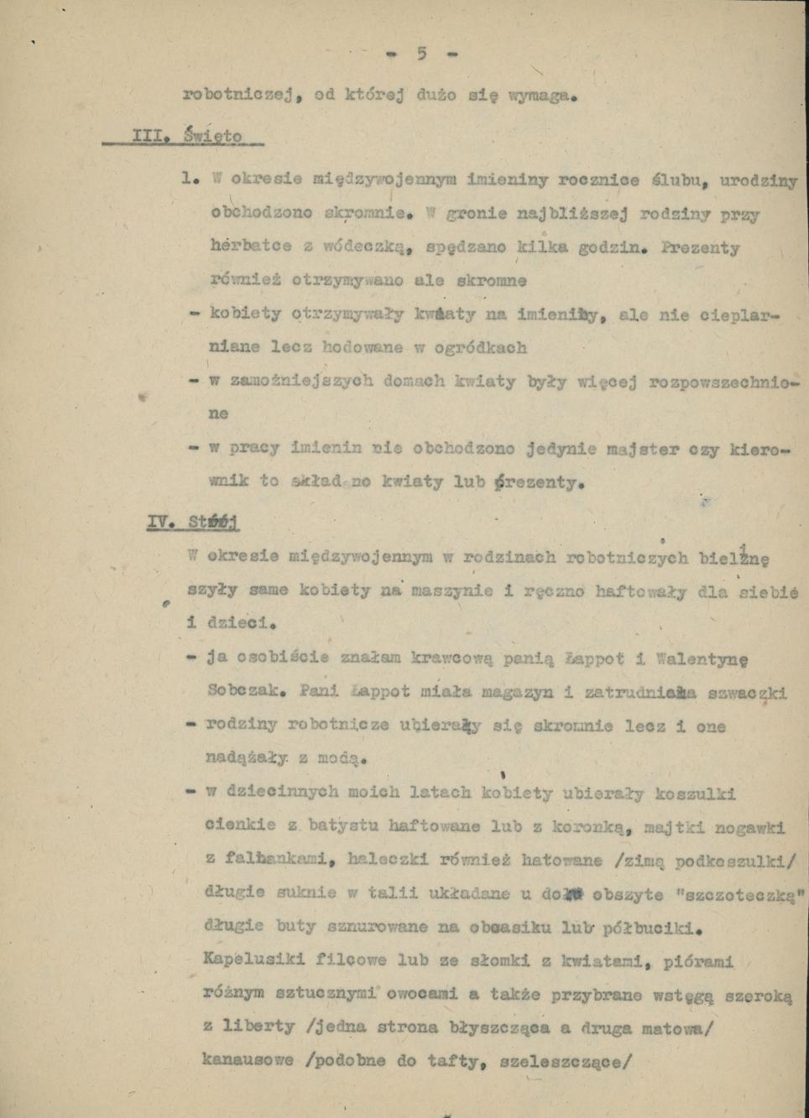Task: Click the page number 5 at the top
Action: coord(421,55)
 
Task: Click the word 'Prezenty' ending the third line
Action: coord(700,248)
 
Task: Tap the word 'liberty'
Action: coord(250,1026)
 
